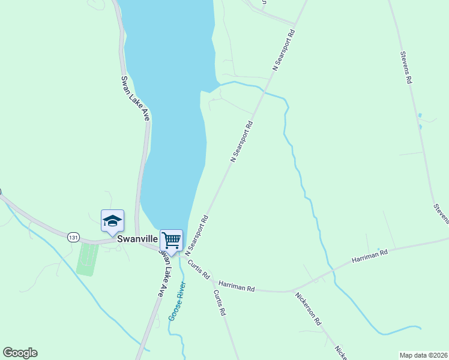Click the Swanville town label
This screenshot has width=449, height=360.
137,238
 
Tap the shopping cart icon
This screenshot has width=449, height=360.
171,240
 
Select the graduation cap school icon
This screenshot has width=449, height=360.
112,221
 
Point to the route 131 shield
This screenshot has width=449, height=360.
73,237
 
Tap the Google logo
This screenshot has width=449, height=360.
20,353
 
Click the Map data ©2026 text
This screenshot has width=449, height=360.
423,355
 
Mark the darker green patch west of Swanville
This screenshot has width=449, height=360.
88,259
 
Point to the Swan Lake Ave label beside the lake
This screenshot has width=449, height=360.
134,98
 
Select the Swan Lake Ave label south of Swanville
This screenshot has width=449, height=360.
161,274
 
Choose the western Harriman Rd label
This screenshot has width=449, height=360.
237,286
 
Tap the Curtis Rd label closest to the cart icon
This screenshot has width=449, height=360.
198,269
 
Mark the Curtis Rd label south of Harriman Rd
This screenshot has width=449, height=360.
220,303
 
